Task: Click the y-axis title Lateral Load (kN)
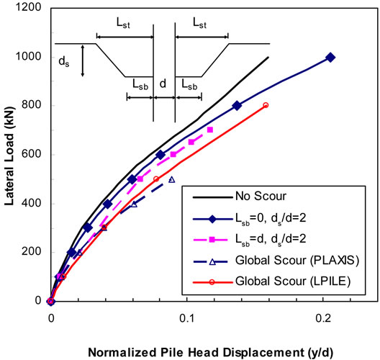coord(11,154)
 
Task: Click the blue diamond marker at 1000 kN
coord(330,57)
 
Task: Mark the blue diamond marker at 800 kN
coord(237,106)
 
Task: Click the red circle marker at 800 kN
coord(266,105)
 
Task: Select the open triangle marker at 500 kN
coord(171,179)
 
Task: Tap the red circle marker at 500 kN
coord(156,179)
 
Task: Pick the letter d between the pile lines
coord(163,84)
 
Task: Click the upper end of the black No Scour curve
coord(268,58)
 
